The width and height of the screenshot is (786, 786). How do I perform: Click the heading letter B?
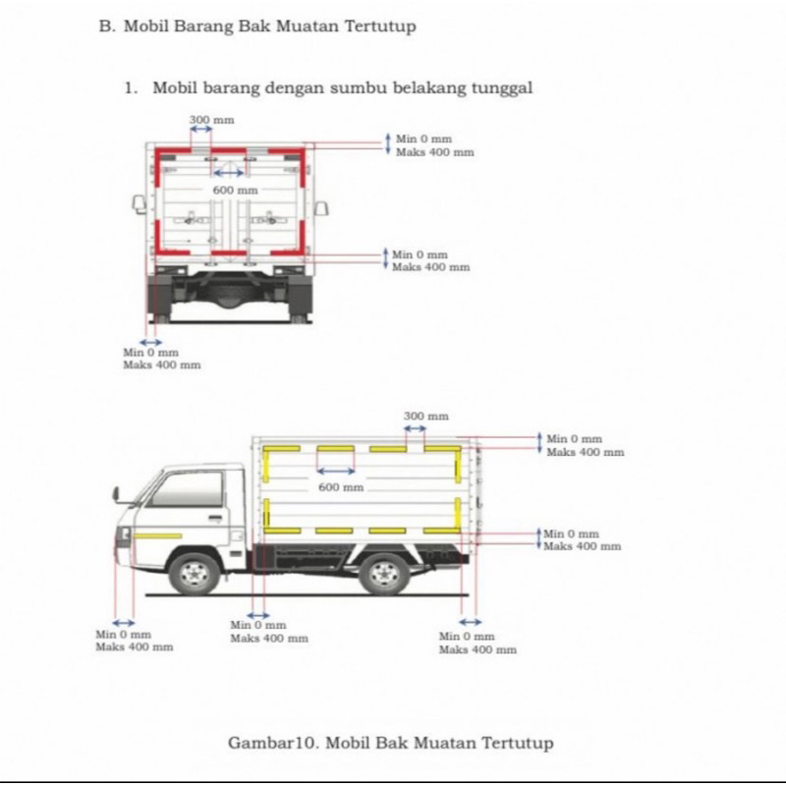104,27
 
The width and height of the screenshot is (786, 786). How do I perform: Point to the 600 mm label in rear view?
235,190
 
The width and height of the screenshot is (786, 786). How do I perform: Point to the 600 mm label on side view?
341,487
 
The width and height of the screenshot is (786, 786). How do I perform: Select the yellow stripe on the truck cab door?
157,535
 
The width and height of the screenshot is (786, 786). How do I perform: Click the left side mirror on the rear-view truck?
140,204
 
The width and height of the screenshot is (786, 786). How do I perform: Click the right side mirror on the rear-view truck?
321,206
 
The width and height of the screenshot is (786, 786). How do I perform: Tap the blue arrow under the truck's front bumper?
124,623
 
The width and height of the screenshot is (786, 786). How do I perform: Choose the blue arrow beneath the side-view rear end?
471,623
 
